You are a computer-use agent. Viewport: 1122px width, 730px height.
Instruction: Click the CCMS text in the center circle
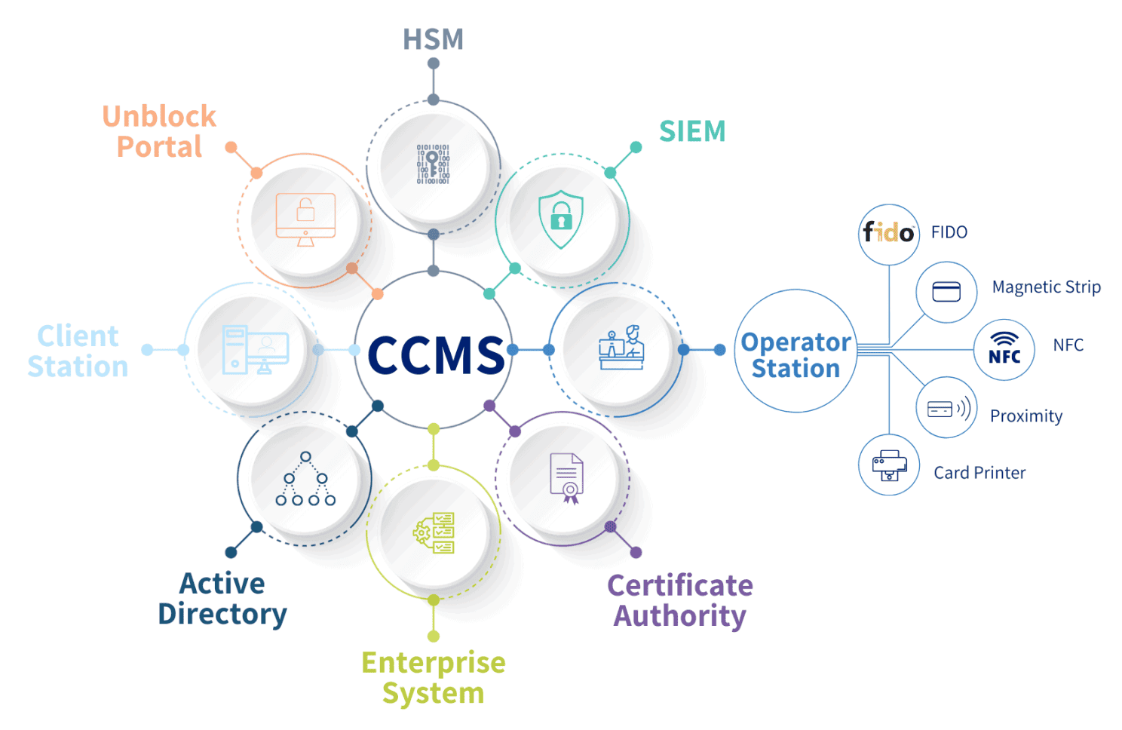coord(436,354)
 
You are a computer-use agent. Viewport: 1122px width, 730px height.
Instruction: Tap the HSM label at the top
coord(434,39)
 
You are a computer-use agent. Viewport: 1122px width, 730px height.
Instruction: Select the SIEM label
coord(692,131)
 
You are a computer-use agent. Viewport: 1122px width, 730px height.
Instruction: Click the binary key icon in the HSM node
coord(434,164)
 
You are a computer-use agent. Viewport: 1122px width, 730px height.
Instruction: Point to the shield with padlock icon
coord(561,219)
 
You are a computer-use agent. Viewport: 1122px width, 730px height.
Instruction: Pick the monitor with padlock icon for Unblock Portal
coord(305,219)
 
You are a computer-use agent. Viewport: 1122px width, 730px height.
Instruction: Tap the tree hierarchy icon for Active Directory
coord(305,478)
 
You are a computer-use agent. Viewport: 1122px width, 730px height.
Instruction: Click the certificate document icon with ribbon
coord(567,478)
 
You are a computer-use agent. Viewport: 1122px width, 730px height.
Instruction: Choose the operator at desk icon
coord(621,347)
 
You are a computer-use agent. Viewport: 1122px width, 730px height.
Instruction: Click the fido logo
coord(888,233)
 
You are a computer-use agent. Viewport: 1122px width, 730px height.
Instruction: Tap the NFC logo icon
coord(1004,348)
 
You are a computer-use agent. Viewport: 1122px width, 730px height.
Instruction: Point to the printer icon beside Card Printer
coord(889,465)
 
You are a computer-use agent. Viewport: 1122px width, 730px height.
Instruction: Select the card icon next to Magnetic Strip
coord(946,292)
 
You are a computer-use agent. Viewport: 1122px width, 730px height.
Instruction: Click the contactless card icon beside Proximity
coord(949,408)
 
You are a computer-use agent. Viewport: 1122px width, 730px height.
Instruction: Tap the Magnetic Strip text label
coord(1047,287)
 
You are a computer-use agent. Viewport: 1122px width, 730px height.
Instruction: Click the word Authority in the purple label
coord(679,616)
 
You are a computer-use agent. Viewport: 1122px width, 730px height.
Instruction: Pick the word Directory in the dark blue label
coord(222,615)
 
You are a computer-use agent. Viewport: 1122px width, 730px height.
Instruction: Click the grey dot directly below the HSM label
coord(434,63)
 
